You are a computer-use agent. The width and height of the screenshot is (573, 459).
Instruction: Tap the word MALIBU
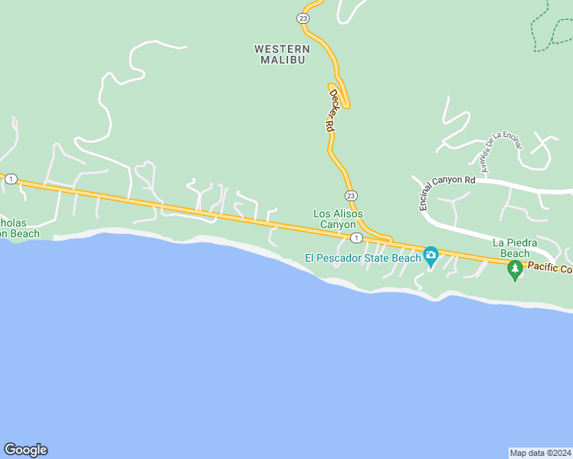point(283,60)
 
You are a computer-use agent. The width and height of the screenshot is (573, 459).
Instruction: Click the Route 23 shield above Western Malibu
point(303,18)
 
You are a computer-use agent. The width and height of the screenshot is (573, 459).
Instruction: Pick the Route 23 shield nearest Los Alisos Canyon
point(350,196)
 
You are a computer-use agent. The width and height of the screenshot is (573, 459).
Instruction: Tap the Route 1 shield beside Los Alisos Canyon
point(356,238)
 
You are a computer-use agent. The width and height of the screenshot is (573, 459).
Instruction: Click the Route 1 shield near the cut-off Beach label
point(11,179)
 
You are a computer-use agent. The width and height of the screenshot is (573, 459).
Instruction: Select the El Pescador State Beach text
point(363,258)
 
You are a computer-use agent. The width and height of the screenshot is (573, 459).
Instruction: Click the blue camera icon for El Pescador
point(431,255)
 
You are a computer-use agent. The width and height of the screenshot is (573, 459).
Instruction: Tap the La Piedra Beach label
point(515,248)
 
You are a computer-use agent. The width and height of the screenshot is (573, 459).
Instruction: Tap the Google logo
point(25,450)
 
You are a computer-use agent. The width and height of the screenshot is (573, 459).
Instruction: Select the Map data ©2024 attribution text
point(541,452)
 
